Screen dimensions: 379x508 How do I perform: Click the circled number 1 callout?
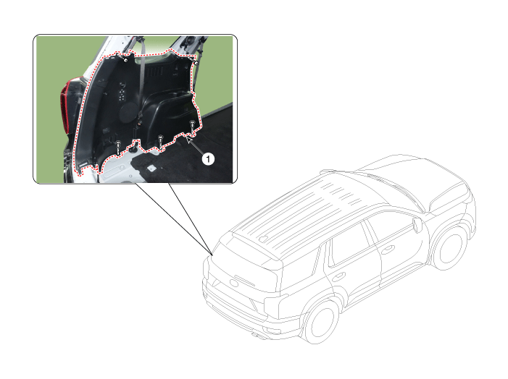coord(207,158)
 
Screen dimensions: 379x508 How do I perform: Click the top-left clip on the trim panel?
coord(127,61)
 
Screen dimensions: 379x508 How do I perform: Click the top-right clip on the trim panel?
coord(196,64)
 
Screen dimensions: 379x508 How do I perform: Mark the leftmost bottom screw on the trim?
coord(118,145)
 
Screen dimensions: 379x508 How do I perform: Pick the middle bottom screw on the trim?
coord(159,137)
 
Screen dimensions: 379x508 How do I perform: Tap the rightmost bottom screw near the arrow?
coord(191,124)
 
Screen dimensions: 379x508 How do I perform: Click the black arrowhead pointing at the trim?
coord(190,141)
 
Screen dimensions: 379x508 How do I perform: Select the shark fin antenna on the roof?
coord(265,237)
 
